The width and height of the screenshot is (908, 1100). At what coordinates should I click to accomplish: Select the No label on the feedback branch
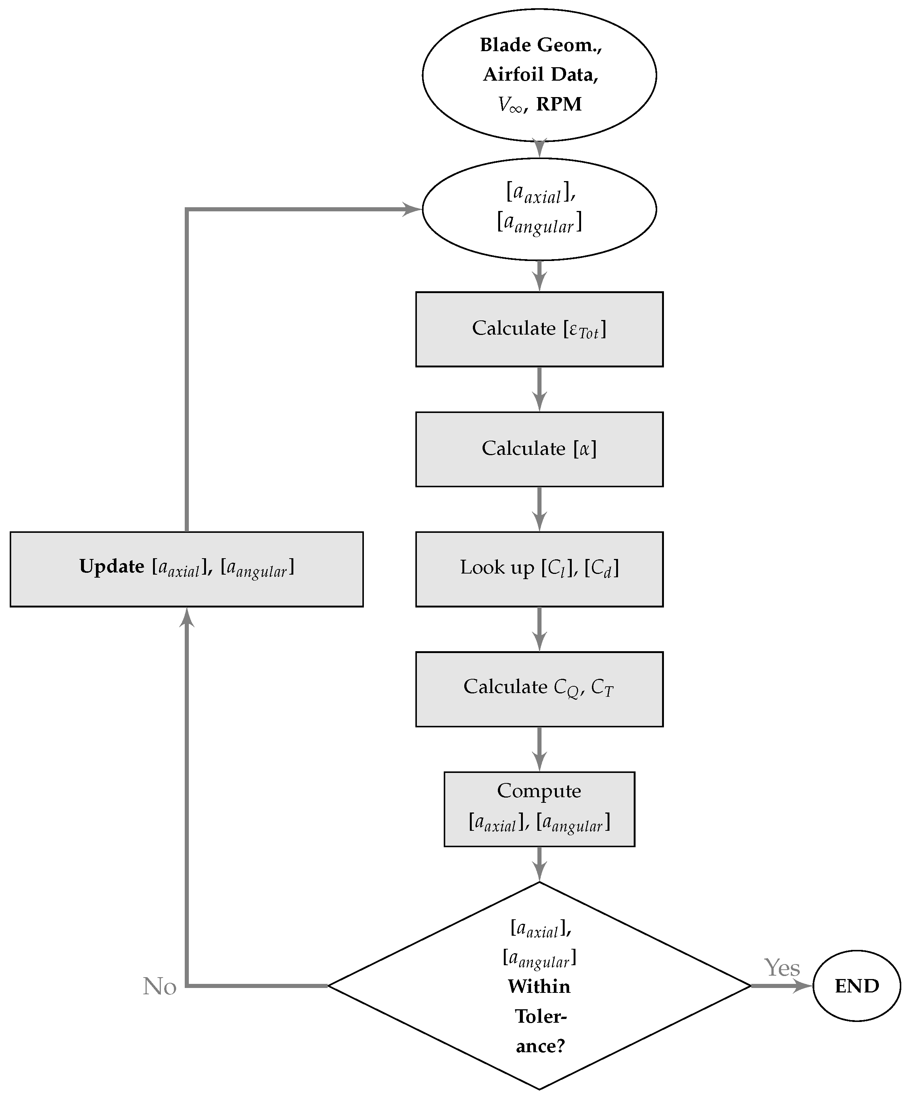coord(159,986)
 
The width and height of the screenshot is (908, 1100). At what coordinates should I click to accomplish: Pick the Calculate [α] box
coord(539,449)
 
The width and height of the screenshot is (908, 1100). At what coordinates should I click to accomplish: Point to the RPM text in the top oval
coord(559,104)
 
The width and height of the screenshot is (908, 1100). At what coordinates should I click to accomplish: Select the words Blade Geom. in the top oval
coord(540,45)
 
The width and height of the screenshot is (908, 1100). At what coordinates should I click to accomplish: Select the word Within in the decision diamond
coord(539,986)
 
